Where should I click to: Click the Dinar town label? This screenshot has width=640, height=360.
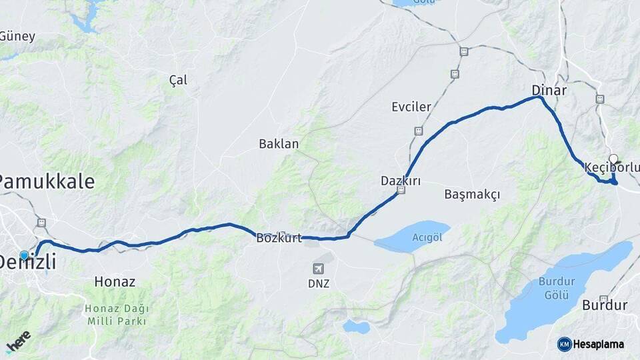(549, 90)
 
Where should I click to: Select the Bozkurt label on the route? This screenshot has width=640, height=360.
(279, 238)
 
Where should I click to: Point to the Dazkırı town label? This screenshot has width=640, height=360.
(400, 181)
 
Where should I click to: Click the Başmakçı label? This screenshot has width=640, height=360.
(471, 194)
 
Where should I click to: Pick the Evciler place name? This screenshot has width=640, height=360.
(411, 107)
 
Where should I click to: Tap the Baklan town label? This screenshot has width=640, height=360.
(279, 143)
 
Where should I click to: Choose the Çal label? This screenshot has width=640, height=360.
(178, 80)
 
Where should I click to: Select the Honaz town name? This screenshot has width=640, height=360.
(115, 282)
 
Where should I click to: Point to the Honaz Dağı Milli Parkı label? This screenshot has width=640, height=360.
(117, 315)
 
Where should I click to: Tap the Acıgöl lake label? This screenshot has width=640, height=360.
(427, 237)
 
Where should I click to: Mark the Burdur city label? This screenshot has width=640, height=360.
(605, 306)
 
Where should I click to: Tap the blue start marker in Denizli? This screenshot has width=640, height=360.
(25, 255)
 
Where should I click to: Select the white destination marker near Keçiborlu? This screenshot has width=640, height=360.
(613, 159)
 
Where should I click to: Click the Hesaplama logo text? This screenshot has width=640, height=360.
(598, 344)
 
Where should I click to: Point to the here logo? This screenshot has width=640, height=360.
(18, 341)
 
